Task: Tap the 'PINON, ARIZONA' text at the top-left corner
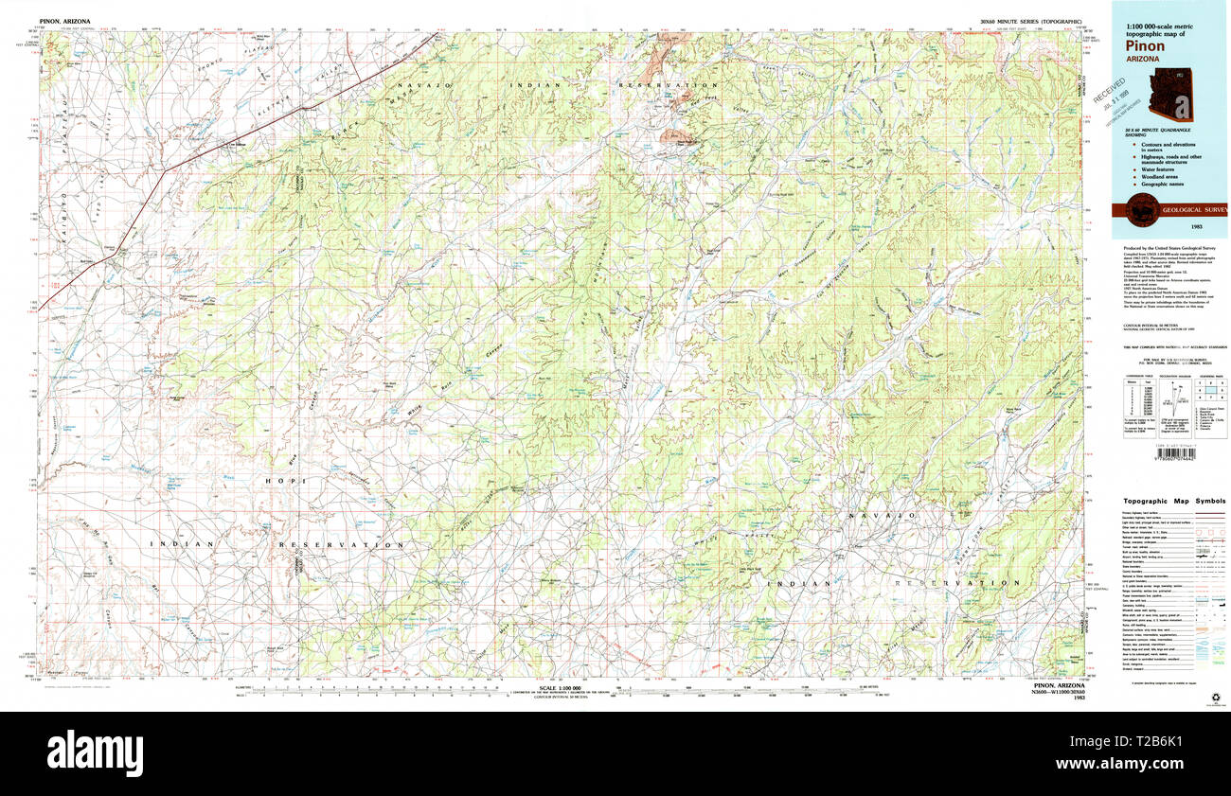click(67, 20)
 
